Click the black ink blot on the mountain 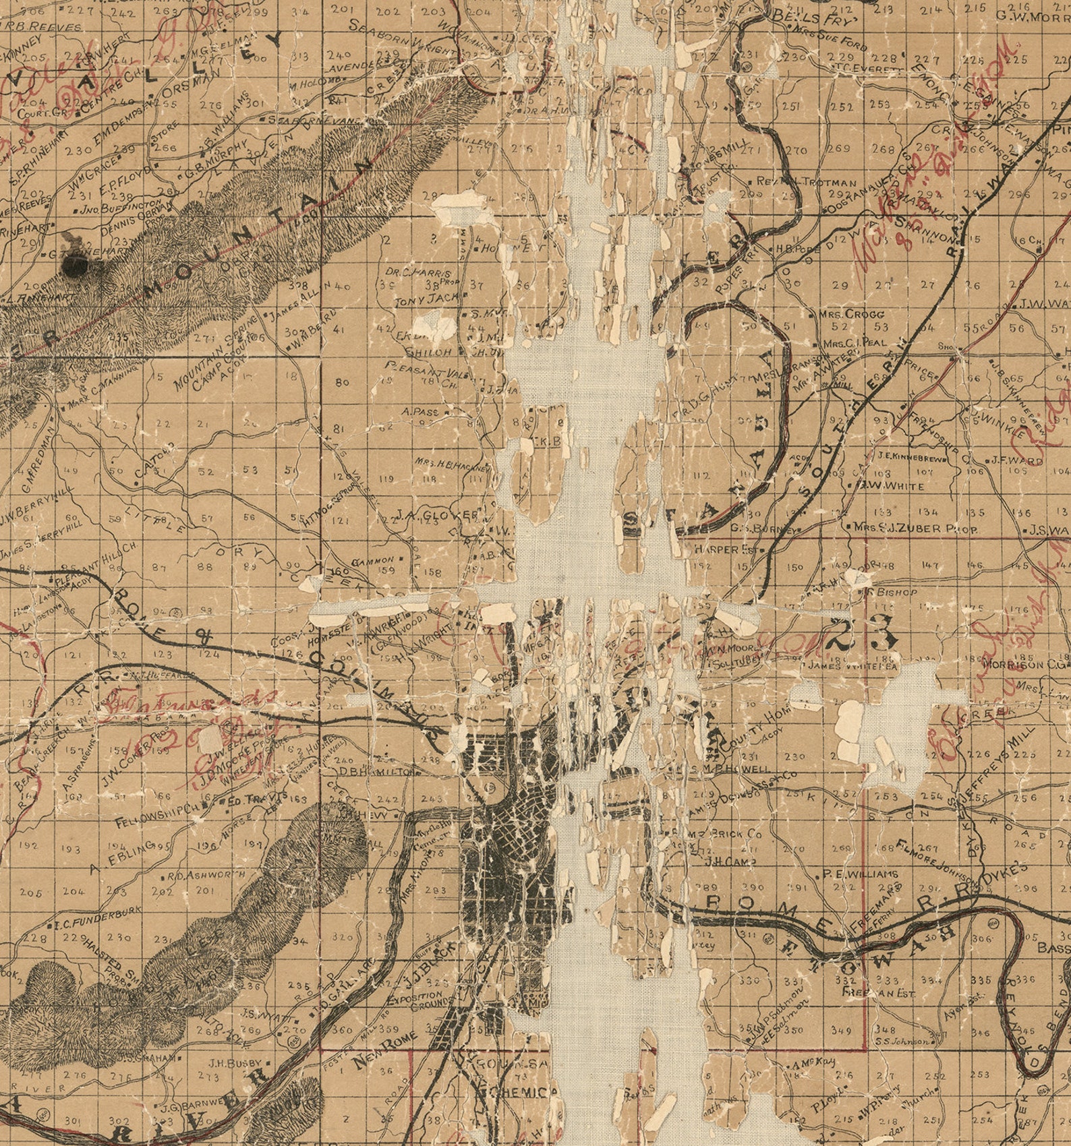[75, 266]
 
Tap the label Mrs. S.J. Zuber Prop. [915, 529]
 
